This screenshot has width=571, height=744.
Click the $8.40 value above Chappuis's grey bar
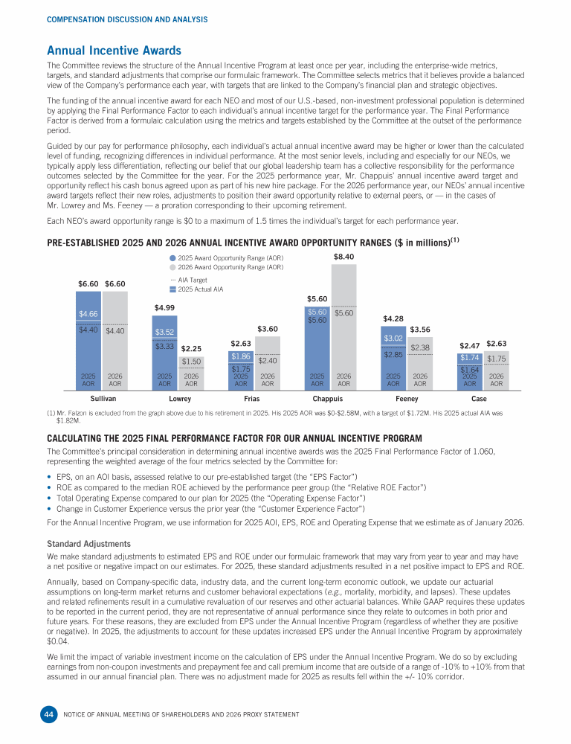point(343,257)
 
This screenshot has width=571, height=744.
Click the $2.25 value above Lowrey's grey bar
point(191,348)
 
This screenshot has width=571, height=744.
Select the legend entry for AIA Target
point(190,280)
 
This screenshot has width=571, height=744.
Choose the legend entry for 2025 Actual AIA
point(196,289)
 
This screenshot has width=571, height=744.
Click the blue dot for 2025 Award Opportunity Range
point(173,257)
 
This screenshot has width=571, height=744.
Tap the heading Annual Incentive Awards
point(114,51)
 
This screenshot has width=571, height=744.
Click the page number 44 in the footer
point(47,715)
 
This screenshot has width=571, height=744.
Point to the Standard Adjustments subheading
point(88,543)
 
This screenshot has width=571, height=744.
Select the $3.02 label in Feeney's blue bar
point(393,339)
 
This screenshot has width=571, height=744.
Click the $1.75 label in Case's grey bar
point(496,358)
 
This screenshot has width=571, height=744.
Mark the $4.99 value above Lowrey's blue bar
point(164,307)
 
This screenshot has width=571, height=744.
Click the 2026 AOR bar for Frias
point(268,371)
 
